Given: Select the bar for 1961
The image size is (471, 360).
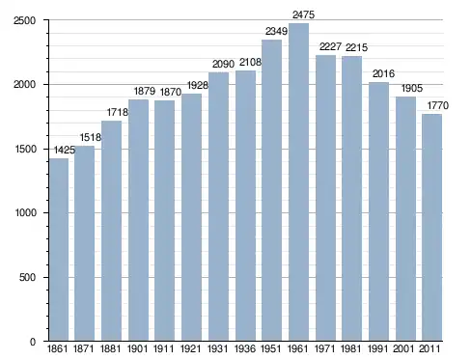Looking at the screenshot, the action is tap(298, 182).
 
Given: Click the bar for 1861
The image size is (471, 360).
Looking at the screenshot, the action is tap(59, 250).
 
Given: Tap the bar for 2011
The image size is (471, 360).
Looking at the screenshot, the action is tap(431, 228).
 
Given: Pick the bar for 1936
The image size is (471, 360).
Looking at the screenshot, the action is tap(245, 206).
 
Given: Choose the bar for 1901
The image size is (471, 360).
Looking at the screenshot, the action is tap(138, 220).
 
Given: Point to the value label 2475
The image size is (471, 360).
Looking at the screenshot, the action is tap(303, 14).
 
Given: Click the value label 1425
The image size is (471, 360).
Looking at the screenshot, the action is tap(65, 150).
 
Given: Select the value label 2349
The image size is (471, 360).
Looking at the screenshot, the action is tap(276, 31).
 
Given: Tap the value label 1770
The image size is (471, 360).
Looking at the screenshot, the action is tap(437, 105).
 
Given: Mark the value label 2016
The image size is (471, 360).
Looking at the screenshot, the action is tap(383, 73).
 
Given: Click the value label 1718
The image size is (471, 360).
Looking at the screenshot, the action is tap(118, 112).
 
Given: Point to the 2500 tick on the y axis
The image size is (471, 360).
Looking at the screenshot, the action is tap(24, 20).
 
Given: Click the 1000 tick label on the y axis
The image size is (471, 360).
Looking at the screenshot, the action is tap(26, 213).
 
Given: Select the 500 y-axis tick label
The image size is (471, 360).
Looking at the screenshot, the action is tap(28, 277).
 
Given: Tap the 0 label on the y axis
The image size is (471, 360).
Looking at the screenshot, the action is tap(33, 342).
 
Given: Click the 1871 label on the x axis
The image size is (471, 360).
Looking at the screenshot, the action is tap(84, 348).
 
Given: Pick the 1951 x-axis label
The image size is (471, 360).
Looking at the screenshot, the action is tap(271, 348).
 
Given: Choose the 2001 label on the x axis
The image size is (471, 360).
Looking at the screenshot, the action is tap(404, 348).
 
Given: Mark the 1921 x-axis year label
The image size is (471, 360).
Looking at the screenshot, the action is tap(190, 348).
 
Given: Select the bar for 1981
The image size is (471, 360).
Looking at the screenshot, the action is tap(352, 199).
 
